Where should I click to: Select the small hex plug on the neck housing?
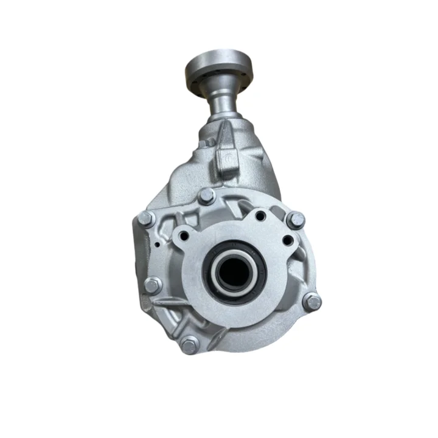(209, 142)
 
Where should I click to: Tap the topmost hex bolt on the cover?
(206, 196)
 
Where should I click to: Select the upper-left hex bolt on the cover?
(147, 218)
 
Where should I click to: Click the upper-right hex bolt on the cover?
(296, 220)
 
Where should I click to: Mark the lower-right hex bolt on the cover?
(311, 301)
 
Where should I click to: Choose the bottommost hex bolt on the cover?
(189, 345)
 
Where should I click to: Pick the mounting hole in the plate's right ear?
(287, 240)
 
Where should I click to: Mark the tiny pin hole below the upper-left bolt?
(157, 245)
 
